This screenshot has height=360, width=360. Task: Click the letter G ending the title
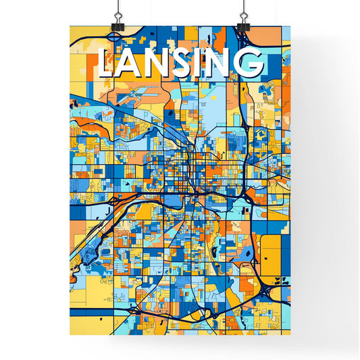tap(251, 63)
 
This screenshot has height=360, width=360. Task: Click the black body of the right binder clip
tap(242, 25)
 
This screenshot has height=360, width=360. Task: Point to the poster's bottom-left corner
tap(70, 335)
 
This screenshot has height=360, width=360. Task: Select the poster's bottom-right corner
tap(290, 335)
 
